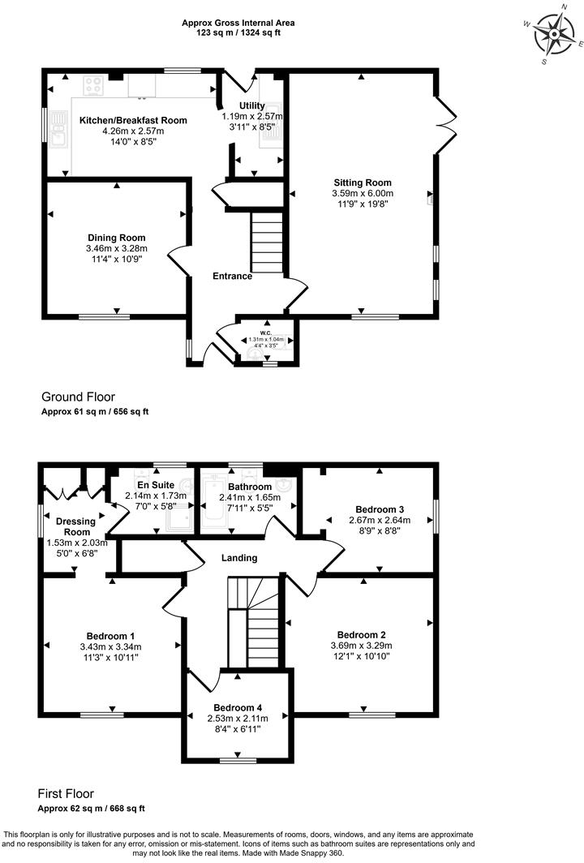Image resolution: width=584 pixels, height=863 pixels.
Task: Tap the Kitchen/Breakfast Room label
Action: pos(133,120)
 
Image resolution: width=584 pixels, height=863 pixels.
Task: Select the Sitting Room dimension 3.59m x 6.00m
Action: pos(363,194)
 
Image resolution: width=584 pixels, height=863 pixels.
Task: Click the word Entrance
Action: pos(232,276)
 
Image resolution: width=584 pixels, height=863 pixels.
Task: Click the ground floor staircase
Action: pos(266,242)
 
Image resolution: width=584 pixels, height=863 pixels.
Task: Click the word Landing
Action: pos(239,558)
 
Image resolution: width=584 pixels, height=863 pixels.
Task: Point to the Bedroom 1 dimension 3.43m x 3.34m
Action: pos(110,646)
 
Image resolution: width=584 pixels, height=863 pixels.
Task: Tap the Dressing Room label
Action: pos(74,526)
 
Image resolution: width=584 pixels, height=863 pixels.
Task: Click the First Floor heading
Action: pos(67,793)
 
